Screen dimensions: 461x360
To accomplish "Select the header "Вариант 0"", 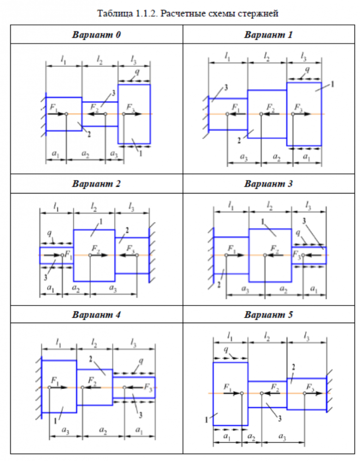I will click(96, 35).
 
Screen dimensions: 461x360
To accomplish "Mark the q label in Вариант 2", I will click(49, 233).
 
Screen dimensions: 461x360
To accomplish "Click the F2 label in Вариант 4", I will click(92, 380).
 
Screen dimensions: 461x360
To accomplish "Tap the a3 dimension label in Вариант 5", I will click(281, 437).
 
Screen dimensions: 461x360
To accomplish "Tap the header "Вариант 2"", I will click(96, 184).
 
